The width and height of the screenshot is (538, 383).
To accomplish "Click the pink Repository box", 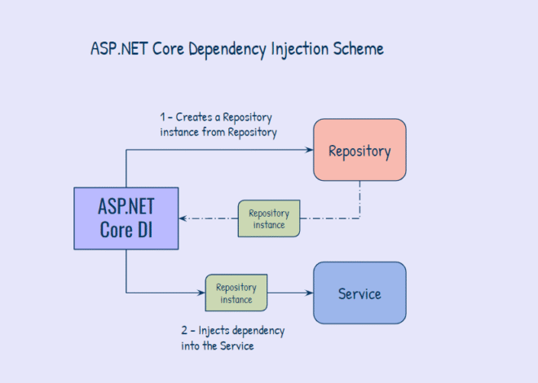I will click(359, 150).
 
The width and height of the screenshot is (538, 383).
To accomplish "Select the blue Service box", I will click(359, 293).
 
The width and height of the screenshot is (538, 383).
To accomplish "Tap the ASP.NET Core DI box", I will click(126, 218).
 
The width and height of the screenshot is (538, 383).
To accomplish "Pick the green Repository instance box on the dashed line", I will click(269, 218).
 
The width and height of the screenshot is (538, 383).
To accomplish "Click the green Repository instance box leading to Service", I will click(236, 293).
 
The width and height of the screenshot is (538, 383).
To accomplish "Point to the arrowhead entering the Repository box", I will click(310, 150).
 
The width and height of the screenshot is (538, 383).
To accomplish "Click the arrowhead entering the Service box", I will click(310, 293).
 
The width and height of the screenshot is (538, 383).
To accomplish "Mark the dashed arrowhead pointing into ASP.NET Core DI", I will click(183, 218).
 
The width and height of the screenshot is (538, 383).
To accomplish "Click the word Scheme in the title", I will click(356, 49).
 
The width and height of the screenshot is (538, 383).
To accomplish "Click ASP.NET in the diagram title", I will click(113, 49).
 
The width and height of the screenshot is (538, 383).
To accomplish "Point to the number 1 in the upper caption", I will click(163, 117).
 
